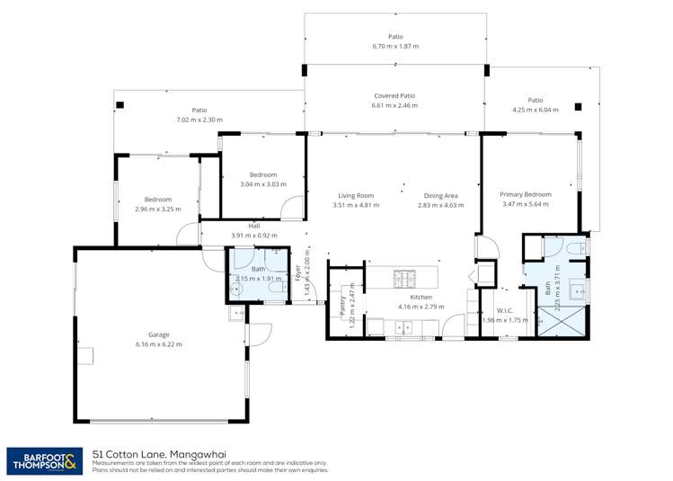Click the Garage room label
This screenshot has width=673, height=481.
[x=158, y=334]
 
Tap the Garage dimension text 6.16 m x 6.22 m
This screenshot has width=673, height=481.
[x=158, y=344]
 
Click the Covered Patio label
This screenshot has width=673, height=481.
[x=394, y=95]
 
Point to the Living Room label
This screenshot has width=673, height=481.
[x=356, y=195]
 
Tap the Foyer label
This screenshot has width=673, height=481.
[x=297, y=272]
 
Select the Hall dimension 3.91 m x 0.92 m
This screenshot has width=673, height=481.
[x=254, y=236]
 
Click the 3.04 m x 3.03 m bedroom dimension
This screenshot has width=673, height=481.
[x=263, y=184]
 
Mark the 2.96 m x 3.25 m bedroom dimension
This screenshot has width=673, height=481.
[x=157, y=209]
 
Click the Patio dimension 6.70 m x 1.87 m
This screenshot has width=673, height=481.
[x=395, y=47]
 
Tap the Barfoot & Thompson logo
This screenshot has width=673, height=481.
[x=42, y=461]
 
